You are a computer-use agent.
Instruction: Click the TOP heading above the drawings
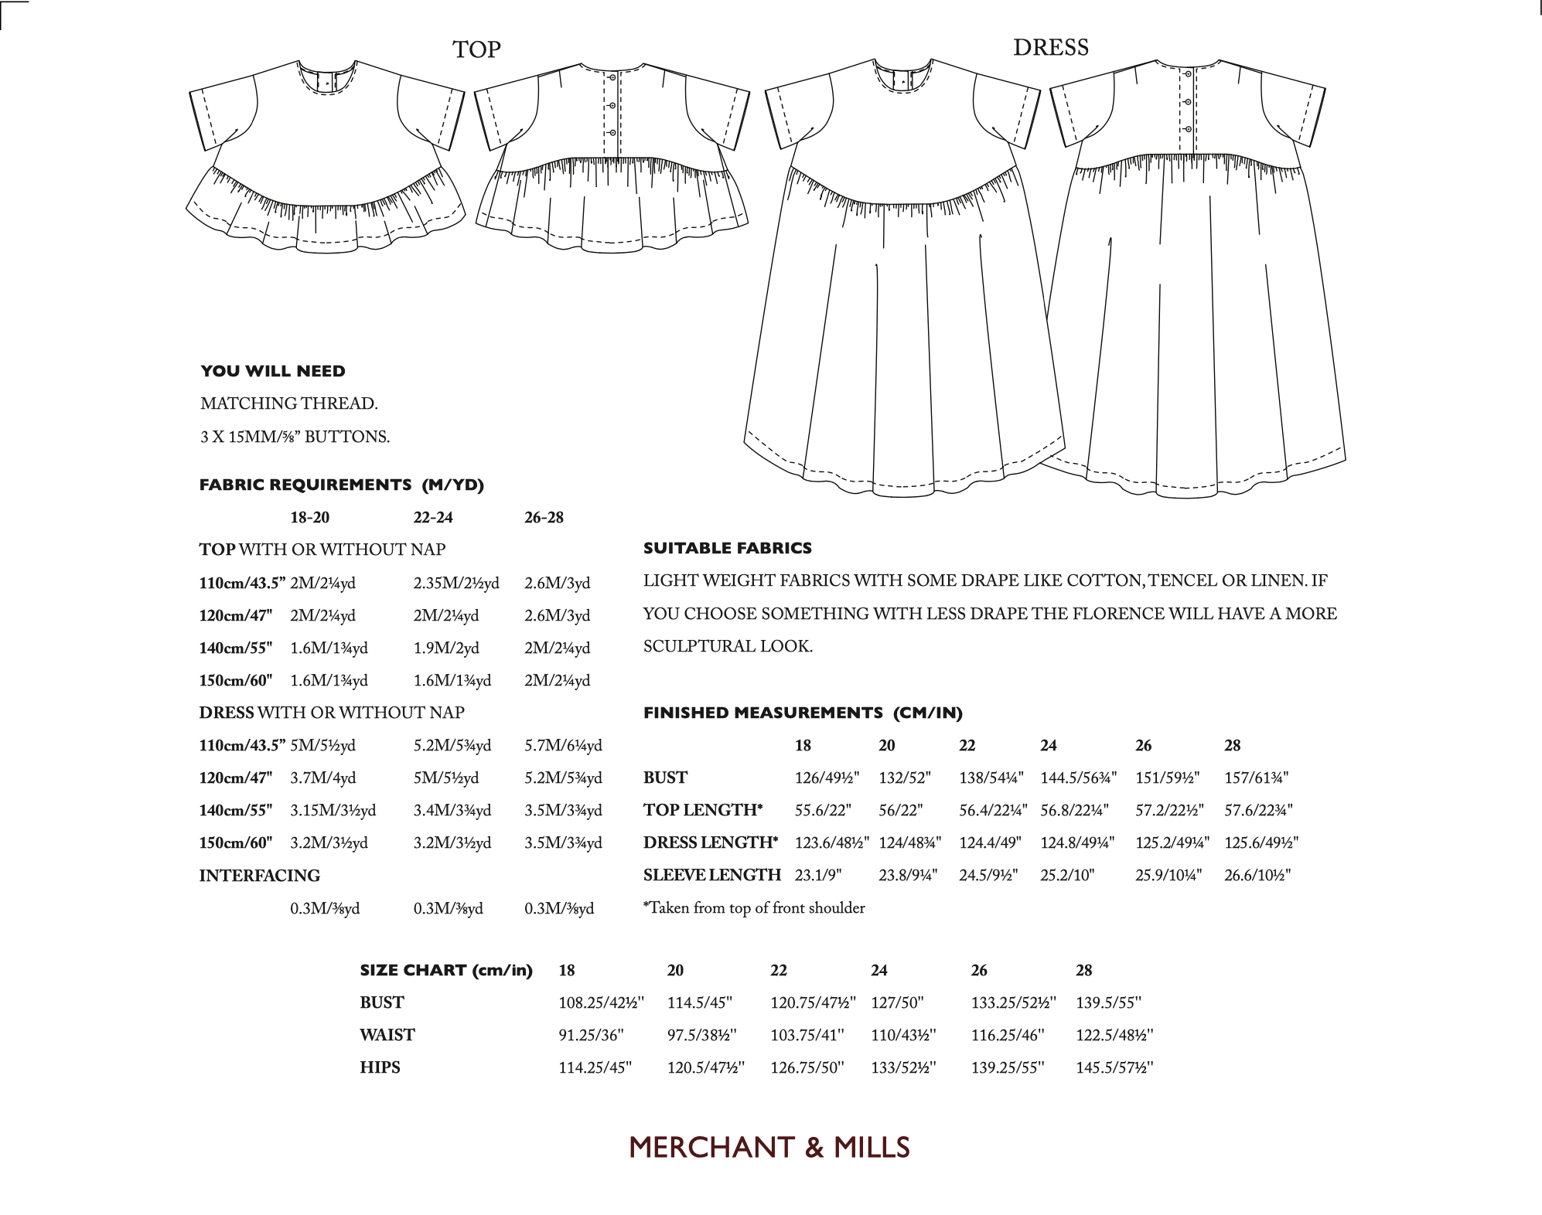[476, 50]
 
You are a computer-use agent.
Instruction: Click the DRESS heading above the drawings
[1050, 48]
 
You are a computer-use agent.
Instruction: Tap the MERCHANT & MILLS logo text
[769, 1148]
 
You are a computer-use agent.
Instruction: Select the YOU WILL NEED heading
[273, 371]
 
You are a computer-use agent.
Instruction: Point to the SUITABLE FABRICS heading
[727, 548]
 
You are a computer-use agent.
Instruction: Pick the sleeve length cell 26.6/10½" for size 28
[1257, 875]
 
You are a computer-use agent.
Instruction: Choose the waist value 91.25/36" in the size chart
[591, 1035]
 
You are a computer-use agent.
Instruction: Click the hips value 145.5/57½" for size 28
[1114, 1067]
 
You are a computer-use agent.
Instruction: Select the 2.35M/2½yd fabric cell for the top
[456, 583]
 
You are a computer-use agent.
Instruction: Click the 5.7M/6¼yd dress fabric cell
[563, 746]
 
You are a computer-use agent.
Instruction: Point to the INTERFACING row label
[259, 876]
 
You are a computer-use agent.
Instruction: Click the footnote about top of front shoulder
[754, 908]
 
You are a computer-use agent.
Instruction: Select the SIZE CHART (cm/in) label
[446, 970]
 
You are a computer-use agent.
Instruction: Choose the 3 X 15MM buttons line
[295, 437]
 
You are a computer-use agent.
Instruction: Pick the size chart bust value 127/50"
[897, 1002]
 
